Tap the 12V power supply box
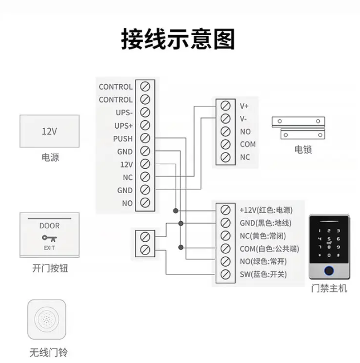point(50,131)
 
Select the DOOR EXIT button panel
point(50,234)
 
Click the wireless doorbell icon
point(47,320)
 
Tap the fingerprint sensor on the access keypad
point(329,273)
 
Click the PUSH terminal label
point(123,139)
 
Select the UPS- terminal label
point(123,112)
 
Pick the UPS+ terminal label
point(123,126)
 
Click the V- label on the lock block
point(244,119)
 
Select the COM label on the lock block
point(247,144)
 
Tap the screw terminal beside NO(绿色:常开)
point(226,261)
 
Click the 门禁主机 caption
point(329,288)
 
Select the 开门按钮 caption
point(50,269)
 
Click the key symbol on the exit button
point(49,238)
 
